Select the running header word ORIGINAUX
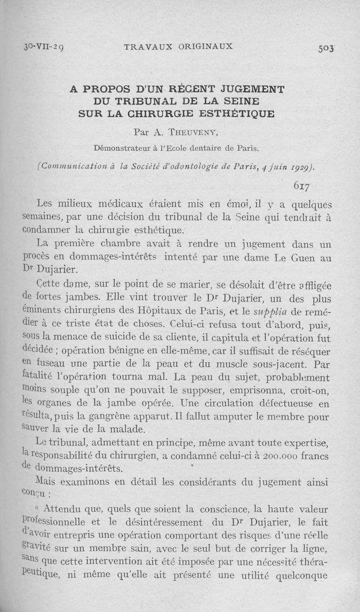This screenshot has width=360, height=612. point(200,46)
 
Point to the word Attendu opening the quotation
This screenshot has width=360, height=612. point(68,510)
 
